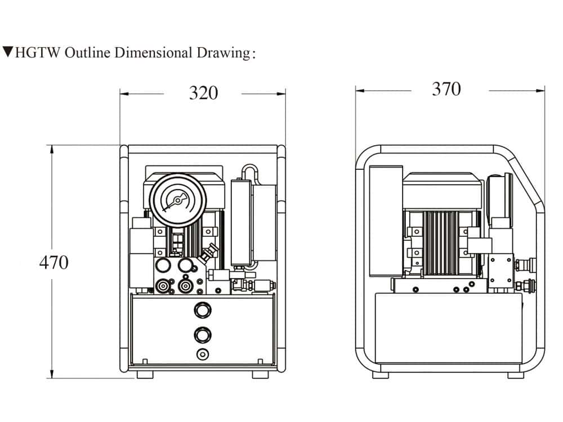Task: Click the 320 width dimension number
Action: [x=203, y=93]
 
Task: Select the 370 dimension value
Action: [x=446, y=89]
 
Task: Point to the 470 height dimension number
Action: [x=53, y=262]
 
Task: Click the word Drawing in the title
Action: [x=222, y=53]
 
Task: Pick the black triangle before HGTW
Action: [x=8, y=52]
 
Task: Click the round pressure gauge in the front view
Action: [x=177, y=200]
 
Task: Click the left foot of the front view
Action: [x=144, y=374]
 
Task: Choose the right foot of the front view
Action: [x=260, y=374]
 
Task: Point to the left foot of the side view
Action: [x=381, y=375]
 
